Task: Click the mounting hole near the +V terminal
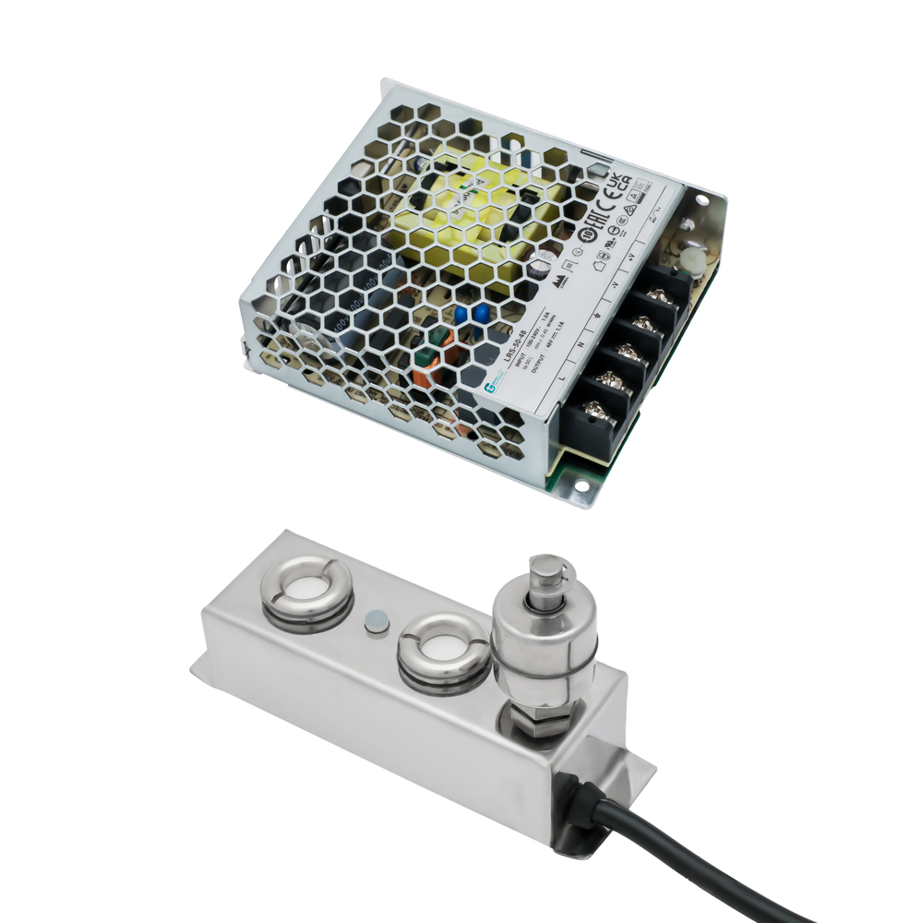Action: [704, 198]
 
